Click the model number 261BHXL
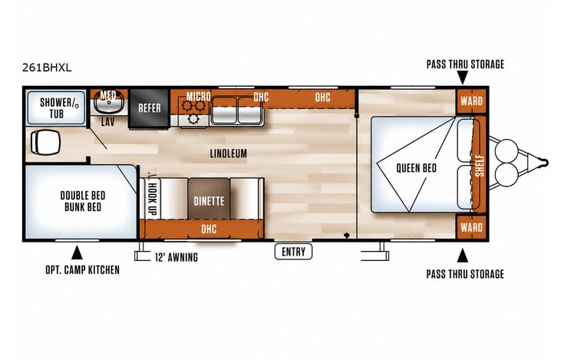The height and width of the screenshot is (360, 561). tap(47, 68)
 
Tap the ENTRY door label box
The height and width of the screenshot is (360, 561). tap(293, 252)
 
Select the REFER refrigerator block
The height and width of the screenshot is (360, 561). tap(149, 108)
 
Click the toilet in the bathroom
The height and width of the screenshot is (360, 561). tap(45, 142)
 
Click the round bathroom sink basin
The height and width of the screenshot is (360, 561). tap(109, 102)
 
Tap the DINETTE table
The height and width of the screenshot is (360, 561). tap(209, 199)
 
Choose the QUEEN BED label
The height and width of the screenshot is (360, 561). tap(417, 168)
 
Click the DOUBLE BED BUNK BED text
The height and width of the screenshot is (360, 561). tap(83, 201)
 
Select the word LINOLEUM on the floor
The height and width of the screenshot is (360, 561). tap(228, 154)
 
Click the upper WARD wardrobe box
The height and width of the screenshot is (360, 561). tap(471, 101)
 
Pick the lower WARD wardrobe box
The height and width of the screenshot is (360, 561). tap(471, 227)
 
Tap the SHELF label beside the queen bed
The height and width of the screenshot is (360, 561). tap(480, 165)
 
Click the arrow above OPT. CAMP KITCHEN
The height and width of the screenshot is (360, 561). tap(77, 253)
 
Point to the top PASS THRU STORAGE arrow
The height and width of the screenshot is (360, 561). tap(462, 78)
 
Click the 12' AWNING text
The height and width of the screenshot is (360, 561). tap(177, 257)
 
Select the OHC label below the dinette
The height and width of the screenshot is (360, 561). tap(209, 229)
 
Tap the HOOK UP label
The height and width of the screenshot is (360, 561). tap(153, 199)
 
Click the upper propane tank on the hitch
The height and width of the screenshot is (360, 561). tap(507, 150)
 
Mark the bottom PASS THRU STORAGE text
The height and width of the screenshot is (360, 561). tap(465, 274)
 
